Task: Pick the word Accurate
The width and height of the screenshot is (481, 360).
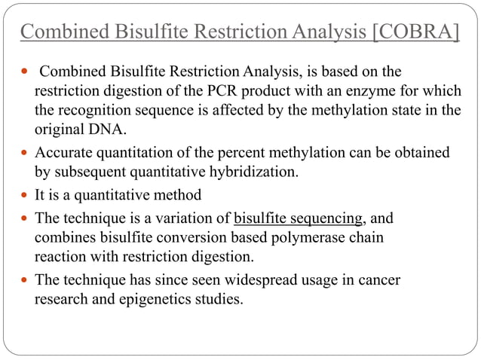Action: click(x=65, y=153)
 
